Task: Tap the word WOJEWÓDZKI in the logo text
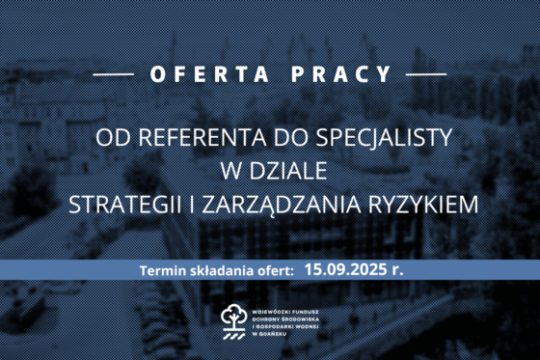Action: point(273,310)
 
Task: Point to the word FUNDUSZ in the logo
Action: point(310,310)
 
